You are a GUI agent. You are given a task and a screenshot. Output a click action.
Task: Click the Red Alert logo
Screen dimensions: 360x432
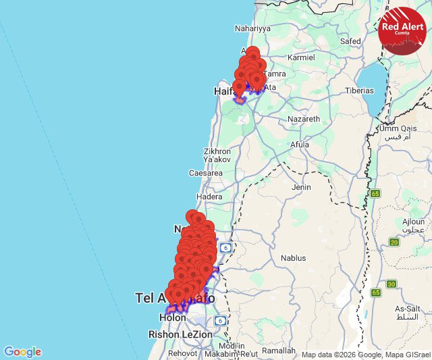pos(402,30)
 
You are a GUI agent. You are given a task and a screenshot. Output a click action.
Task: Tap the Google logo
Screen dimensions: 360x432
pos(22,352)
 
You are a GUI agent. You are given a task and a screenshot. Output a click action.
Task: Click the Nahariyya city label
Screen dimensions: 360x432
pos(252,28)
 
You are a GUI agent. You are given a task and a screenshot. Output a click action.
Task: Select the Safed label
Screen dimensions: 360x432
pos(350,41)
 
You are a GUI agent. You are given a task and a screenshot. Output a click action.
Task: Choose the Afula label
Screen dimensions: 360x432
pos(299,145)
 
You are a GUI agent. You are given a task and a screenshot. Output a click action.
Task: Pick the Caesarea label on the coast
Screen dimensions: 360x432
pos(206,173)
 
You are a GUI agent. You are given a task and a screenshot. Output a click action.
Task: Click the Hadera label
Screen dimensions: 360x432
pos(209,197)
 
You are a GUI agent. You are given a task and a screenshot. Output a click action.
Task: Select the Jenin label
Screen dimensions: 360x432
pos(302,187)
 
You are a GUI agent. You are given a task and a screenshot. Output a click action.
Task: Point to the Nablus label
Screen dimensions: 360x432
pos(293,258)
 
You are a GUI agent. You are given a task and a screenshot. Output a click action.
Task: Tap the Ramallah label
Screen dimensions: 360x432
pos(279,351)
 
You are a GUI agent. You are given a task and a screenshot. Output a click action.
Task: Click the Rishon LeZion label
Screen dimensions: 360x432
pos(180,334)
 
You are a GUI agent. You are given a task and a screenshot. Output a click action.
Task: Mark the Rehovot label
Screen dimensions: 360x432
pos(182,353)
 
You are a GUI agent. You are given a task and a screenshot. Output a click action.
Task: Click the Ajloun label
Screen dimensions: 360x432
pos(413,222)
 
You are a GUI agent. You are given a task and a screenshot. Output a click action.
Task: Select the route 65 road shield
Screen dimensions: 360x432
pos(375,194)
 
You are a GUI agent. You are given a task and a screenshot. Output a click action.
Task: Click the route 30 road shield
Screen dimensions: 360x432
pos(391,284)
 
